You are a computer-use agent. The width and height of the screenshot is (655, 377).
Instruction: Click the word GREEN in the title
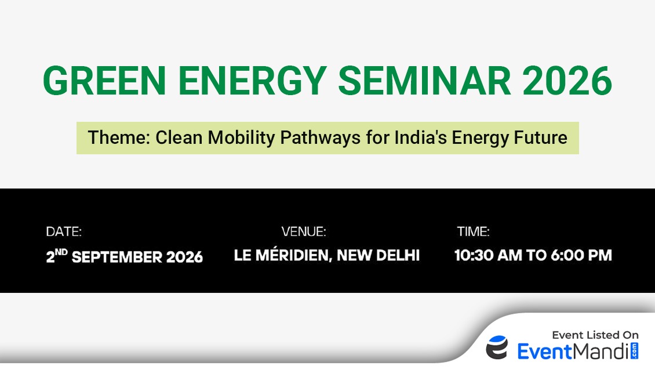click(104, 81)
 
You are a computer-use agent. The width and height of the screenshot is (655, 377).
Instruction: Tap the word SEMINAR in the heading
click(424, 81)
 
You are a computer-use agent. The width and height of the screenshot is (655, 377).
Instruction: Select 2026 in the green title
click(567, 81)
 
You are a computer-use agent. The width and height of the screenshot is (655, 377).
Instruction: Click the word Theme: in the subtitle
click(119, 137)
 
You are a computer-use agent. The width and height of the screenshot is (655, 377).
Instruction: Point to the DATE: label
click(64, 231)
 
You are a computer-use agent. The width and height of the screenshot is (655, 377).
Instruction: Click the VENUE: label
click(304, 231)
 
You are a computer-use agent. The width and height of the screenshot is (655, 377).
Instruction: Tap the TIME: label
click(474, 231)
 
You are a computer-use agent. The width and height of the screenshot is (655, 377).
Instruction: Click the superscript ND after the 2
click(61, 252)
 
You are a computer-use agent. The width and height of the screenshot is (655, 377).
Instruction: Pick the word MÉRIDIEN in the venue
click(294, 255)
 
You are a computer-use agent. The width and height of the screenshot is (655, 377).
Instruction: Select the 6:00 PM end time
click(581, 255)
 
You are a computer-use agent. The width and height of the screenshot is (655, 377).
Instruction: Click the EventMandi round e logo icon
click(497, 347)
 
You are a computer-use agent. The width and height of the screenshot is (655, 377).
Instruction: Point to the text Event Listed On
click(595, 335)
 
